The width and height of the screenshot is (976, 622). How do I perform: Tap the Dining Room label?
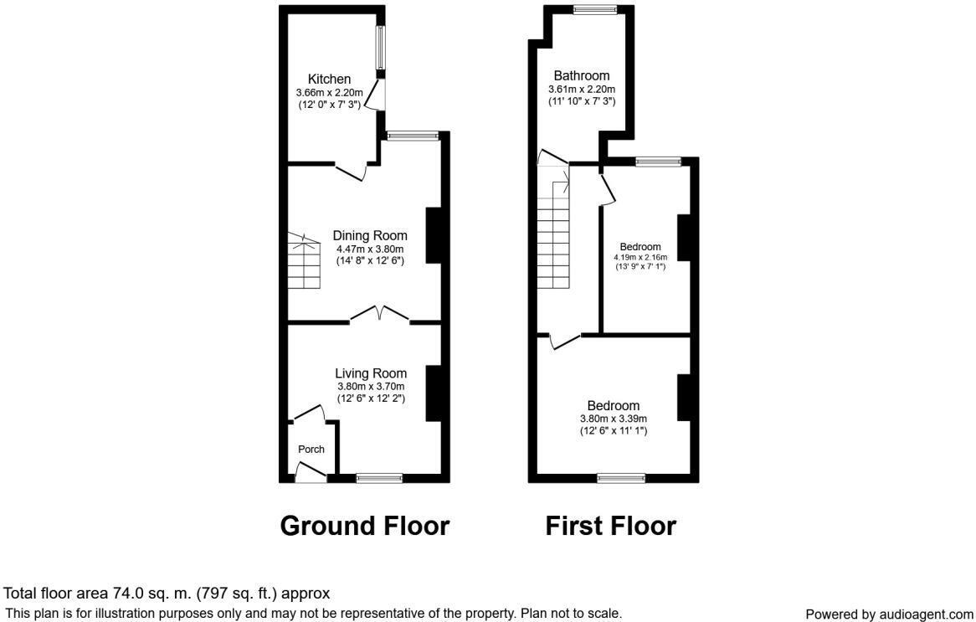pos(369,235)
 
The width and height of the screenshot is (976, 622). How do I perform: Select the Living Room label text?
pos(371,373)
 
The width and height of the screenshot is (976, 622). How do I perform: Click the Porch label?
pos(311,450)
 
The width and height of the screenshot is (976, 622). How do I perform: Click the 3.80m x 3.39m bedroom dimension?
pos(614,419)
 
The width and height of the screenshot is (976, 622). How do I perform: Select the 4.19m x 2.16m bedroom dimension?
pos(640,257)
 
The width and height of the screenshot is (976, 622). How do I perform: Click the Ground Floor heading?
pos(364,526)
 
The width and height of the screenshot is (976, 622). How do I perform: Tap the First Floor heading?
pos(610,526)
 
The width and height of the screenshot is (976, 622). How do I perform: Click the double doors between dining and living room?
pos(380,315)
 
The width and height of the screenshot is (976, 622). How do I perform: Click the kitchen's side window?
pos(380,49)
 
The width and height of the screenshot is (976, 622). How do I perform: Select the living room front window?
pos(379,478)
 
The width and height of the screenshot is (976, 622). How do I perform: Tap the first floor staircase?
pos(552,226)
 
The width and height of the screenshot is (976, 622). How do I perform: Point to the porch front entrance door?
pos(311,475)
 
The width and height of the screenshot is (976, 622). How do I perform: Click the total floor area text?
pos(167,594)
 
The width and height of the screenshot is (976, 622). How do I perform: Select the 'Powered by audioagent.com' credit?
pos(889,614)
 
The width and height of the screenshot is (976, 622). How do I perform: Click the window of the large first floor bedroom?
pos(620,478)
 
